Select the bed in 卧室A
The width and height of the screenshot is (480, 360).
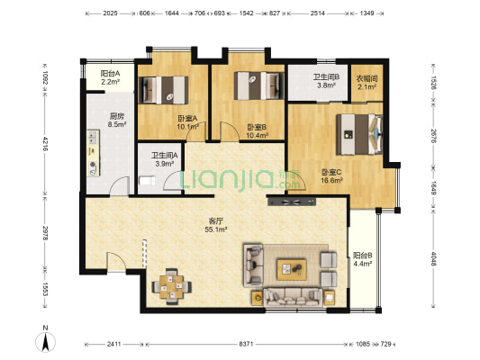[x=168, y=89]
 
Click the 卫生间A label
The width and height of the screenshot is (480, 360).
[x=165, y=159]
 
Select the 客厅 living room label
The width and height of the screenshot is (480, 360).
[x=216, y=225]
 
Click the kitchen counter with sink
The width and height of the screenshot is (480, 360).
[x=93, y=154]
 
